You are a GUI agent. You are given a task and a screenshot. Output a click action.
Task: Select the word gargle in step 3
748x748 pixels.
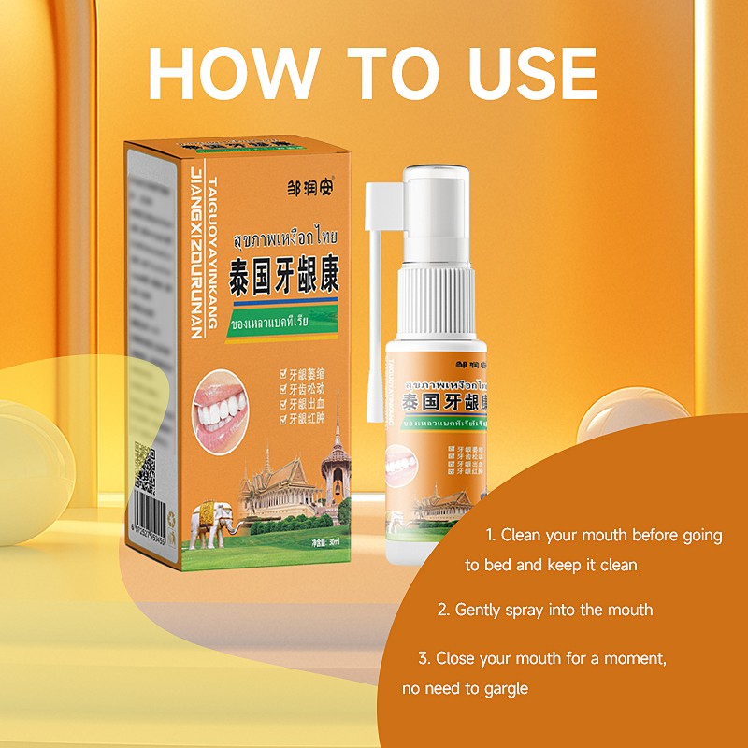pos(506,689)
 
